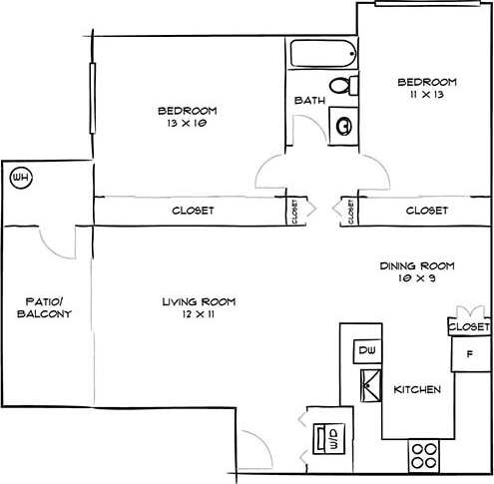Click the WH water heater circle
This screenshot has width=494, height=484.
[x=20, y=179]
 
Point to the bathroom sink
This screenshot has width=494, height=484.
[x=343, y=125]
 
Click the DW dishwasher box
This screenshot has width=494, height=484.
[x=366, y=350]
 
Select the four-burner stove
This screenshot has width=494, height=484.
[x=424, y=455]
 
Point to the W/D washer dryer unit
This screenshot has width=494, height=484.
[x=326, y=438]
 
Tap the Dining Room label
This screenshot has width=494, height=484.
[x=417, y=265]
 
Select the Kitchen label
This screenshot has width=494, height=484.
[x=417, y=389]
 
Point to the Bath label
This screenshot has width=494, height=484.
[x=306, y=101]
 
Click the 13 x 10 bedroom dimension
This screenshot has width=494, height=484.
[x=187, y=124]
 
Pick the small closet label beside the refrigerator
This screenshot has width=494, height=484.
[x=469, y=326]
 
